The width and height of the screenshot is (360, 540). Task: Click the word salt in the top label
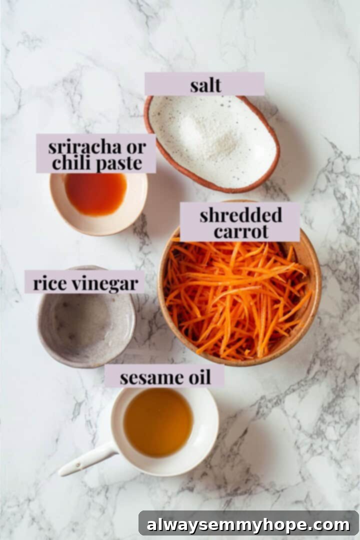(x=205, y=85)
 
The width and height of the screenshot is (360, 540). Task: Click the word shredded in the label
(x=240, y=215)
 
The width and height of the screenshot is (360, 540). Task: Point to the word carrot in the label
(x=240, y=231)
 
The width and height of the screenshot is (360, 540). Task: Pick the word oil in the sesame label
(x=198, y=377)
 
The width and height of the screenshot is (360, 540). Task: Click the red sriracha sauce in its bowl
(x=96, y=194)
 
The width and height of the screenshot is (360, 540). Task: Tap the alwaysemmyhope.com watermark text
(x=248, y=525)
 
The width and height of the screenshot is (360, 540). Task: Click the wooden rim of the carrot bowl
(x=315, y=300)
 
